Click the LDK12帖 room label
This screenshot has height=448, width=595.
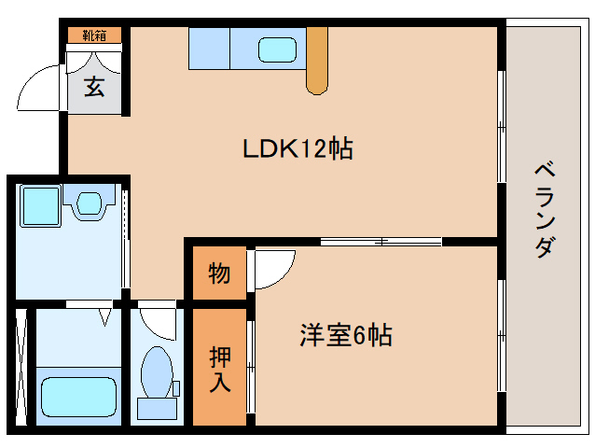[297, 148]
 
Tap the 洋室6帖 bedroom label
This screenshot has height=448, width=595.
[345, 335]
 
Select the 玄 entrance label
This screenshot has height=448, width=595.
[94, 87]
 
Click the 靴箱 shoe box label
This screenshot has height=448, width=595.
[94, 35]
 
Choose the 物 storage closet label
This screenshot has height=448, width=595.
[219, 274]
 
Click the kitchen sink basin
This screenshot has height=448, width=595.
[275, 49]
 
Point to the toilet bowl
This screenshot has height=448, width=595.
[155, 371]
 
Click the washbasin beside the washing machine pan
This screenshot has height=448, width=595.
[90, 202]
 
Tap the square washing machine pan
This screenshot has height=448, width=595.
[40, 205]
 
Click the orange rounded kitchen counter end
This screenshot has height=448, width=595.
[317, 61]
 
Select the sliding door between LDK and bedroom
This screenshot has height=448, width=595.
[381, 242]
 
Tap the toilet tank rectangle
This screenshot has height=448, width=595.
[155, 408]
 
